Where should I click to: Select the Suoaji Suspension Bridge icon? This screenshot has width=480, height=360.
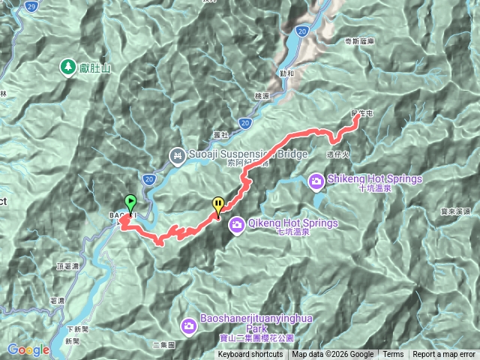pyautogui.click(x=178, y=155)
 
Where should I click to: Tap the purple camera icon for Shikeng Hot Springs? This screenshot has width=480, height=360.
pyautogui.click(x=316, y=180)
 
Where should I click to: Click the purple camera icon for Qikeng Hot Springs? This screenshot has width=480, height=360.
pyautogui.click(x=236, y=223)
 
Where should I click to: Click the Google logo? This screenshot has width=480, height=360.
pyautogui.click(x=28, y=349)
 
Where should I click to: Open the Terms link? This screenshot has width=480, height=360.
pyautogui.click(x=393, y=355)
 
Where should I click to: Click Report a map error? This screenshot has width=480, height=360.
pyautogui.click(x=444, y=355)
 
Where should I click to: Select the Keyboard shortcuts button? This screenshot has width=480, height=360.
pyautogui.click(x=250, y=355)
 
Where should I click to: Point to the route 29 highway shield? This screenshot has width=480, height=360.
pyautogui.click(x=30, y=6)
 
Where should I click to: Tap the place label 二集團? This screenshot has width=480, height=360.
pyautogui.click(x=163, y=345)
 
